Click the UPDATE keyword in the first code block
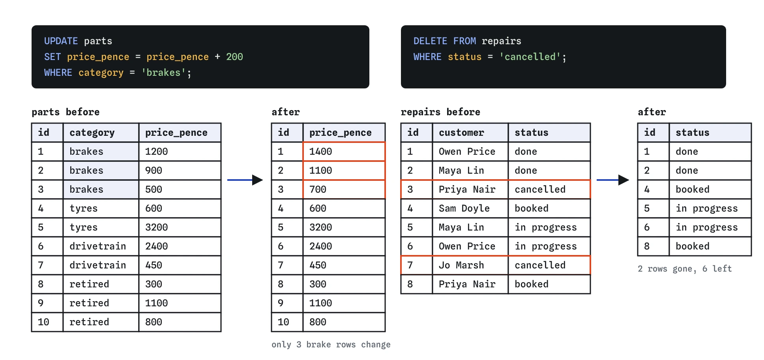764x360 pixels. pos(61,41)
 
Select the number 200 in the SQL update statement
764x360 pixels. pos(234,57)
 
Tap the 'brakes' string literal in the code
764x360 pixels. pos(164,73)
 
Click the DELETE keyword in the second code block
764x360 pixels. pos(430,41)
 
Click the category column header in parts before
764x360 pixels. pos(101,133)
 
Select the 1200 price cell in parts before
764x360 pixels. pos(180,152)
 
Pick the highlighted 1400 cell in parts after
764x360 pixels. pos(344,152)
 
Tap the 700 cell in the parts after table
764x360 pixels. pos(344,189)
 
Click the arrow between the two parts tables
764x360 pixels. pos(245,180)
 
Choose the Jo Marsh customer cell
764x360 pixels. pos(470,265)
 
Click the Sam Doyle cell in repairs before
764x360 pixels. pos(470,208)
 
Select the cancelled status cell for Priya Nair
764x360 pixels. pos(549,189)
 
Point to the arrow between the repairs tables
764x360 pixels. pos(613,180)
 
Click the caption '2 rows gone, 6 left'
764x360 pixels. pos(685,269)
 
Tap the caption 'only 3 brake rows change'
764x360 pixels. pos(331,345)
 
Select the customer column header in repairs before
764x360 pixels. pos(470,133)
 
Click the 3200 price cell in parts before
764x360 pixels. pos(180,227)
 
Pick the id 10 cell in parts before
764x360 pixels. pos(47,322)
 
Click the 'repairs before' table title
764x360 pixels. pos(440,112)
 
